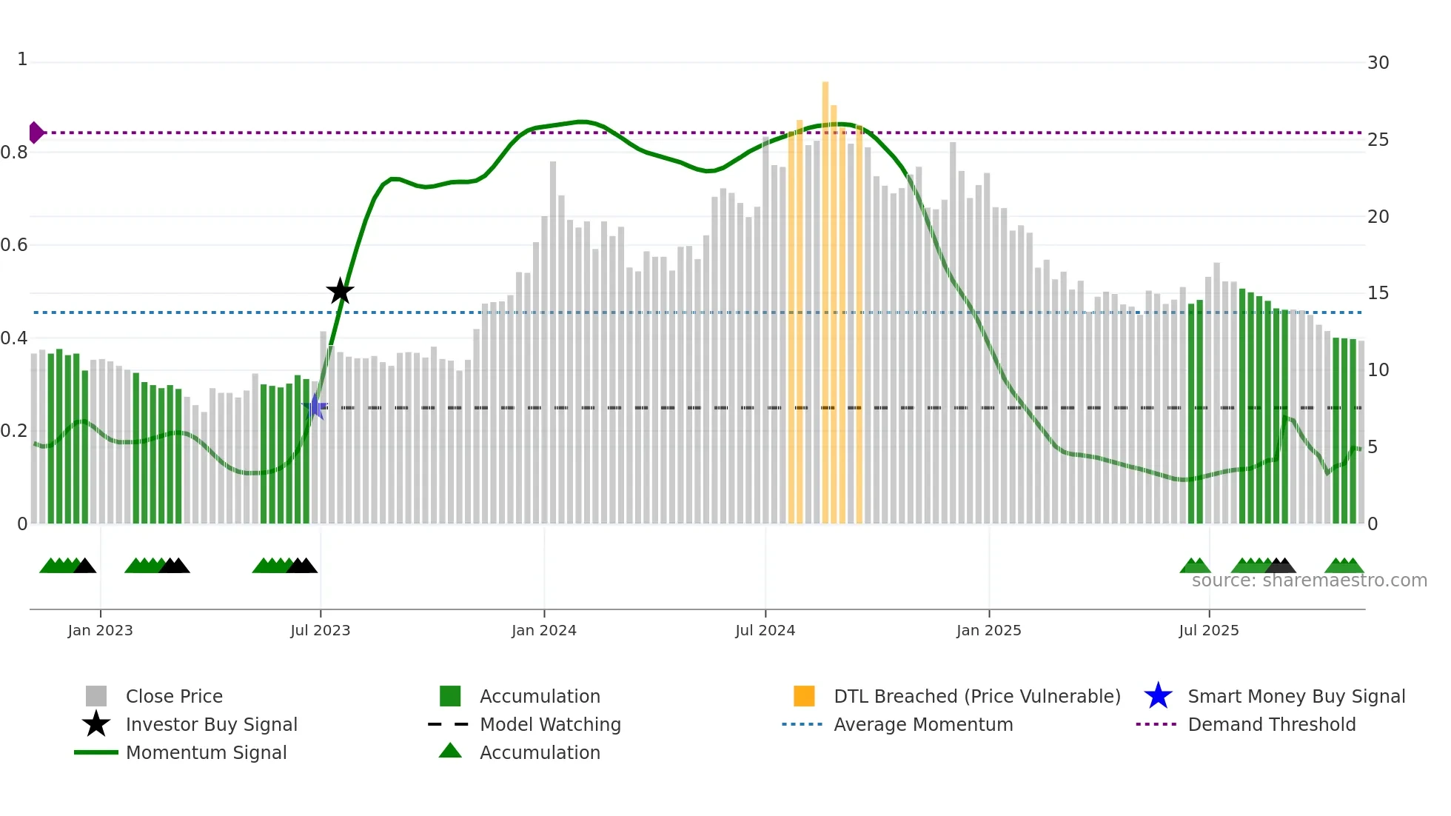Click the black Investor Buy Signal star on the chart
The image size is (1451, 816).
[340, 291]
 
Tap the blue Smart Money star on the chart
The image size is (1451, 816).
[315, 407]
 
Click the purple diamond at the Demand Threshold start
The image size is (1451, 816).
[36, 133]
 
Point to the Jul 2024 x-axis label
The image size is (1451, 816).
[765, 630]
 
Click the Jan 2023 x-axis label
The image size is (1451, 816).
[100, 630]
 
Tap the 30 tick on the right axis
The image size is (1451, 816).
[1378, 63]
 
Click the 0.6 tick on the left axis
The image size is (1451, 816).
[14, 245]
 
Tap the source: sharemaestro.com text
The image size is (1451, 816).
[1309, 581]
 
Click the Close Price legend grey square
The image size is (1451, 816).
[96, 696]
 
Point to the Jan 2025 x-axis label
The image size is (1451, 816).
[988, 630]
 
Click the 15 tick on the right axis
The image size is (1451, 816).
[1378, 293]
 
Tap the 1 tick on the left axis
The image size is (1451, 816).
[22, 59]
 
